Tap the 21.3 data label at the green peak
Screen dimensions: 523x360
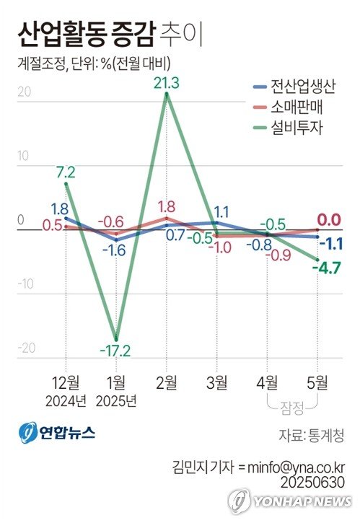[167, 83]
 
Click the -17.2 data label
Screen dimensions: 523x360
[115, 351]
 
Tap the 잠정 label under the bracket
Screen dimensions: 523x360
[292, 408]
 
